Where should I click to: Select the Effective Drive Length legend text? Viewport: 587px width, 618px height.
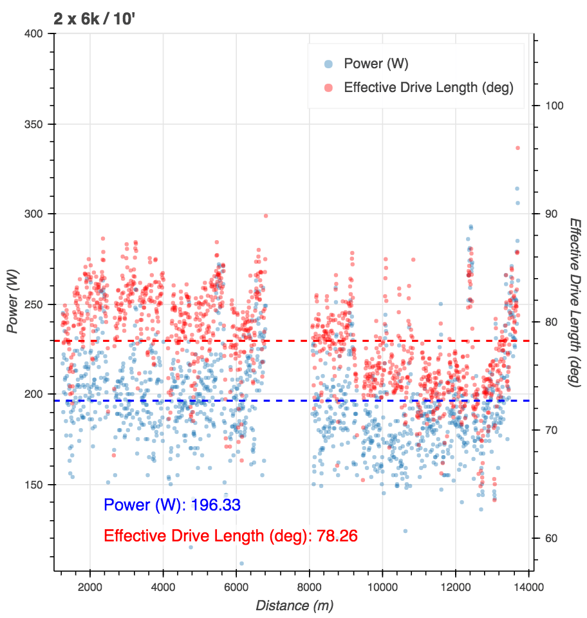click(x=429, y=88)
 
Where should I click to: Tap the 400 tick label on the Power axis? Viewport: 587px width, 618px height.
click(x=38, y=34)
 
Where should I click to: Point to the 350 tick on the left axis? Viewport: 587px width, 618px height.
click(x=38, y=124)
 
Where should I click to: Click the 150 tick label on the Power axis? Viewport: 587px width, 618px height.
click(x=38, y=484)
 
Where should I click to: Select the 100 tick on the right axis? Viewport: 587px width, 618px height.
click(x=555, y=105)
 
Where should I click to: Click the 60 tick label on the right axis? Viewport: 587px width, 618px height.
click(x=552, y=538)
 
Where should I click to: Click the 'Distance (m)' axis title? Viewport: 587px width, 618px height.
click(x=294, y=605)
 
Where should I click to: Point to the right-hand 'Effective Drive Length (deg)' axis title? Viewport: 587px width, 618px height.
click(x=575, y=303)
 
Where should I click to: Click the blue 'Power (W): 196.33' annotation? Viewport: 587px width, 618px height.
click(x=172, y=505)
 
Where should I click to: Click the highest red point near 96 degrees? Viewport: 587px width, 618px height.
click(x=517, y=148)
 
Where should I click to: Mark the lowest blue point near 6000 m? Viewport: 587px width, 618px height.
click(x=241, y=563)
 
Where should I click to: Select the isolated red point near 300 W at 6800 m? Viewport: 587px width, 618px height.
click(x=265, y=216)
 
